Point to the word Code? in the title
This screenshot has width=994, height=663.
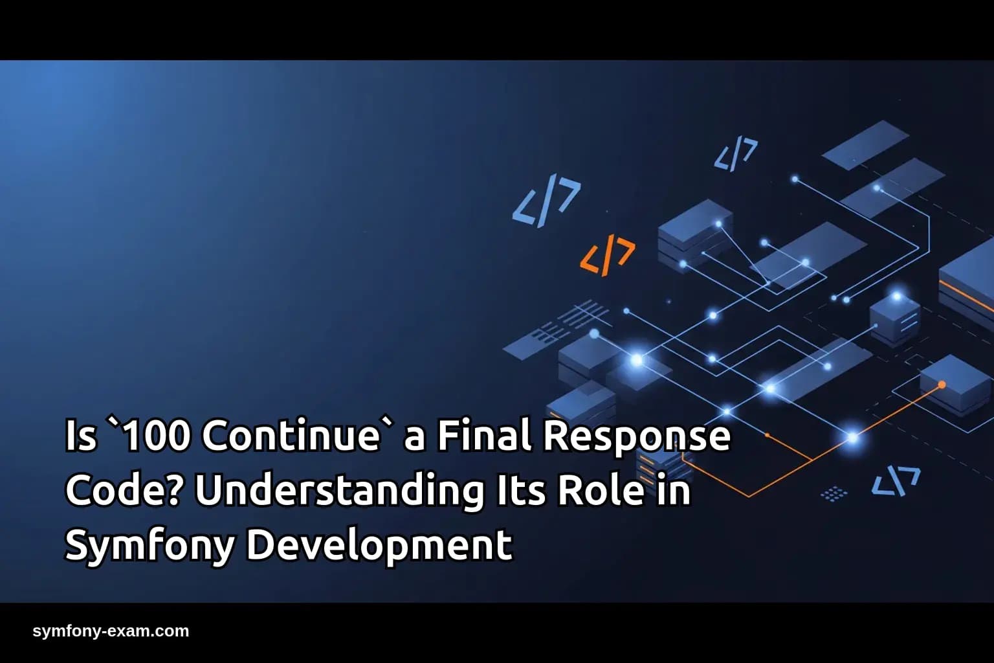[x=122, y=490]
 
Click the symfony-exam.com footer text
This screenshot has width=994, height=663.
[x=111, y=631]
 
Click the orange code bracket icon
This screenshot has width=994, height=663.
[x=607, y=255]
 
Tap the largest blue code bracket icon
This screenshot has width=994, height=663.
[x=546, y=202]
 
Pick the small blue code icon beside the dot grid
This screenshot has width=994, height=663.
[x=896, y=481]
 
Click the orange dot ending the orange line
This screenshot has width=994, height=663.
[x=942, y=385]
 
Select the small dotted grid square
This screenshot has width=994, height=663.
[x=834, y=493]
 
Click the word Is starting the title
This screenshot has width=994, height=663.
[x=81, y=436]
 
